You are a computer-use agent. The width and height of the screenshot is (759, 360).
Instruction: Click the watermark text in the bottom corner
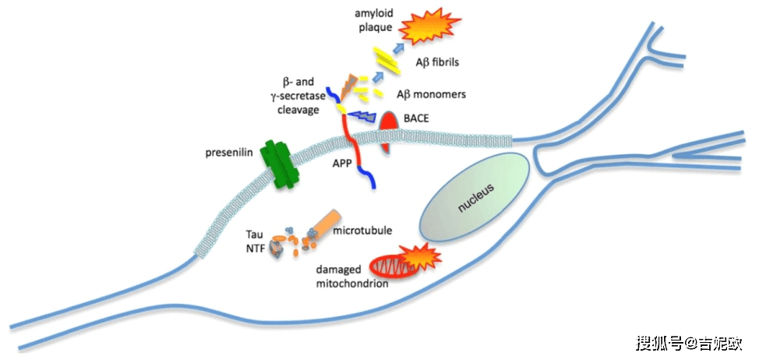click(x=689, y=343)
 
